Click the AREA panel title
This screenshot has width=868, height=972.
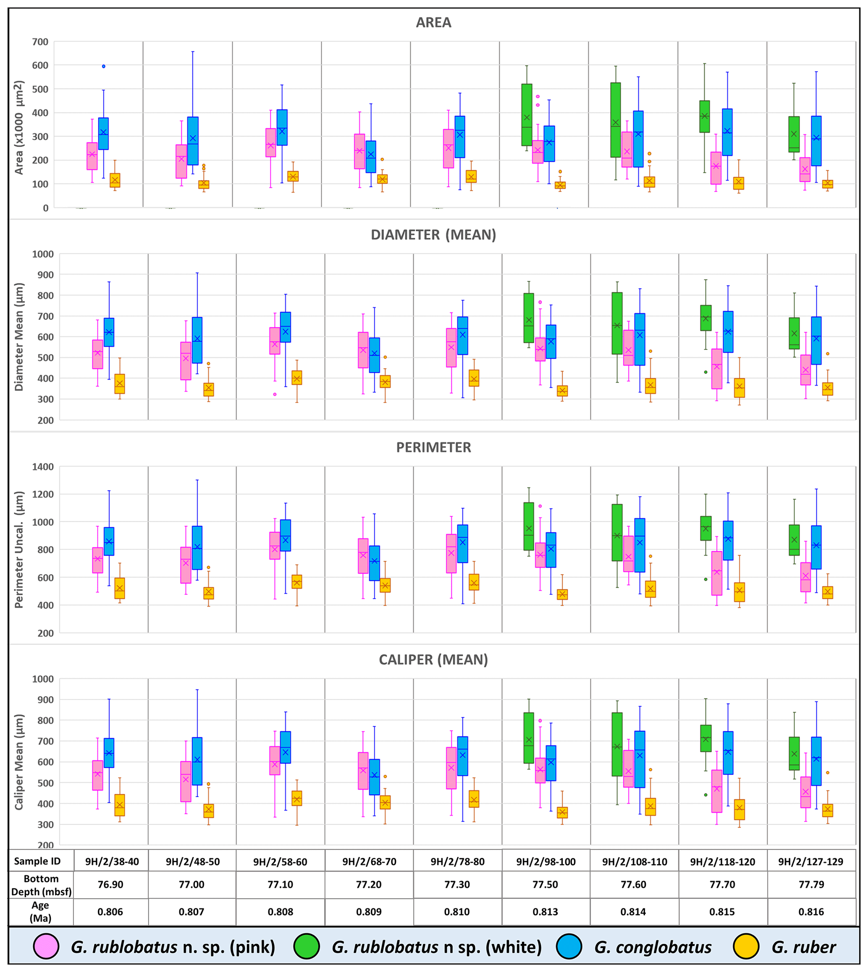point(433,22)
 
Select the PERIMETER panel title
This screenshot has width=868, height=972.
point(433,447)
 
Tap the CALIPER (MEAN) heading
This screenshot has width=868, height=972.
point(433,659)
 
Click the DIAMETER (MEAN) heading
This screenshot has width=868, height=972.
point(433,235)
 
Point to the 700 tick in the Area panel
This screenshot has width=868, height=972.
point(40,42)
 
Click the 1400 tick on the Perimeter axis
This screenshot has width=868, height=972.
point(43,466)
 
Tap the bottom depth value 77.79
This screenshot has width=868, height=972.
point(811,884)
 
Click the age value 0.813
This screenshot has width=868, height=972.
point(545,912)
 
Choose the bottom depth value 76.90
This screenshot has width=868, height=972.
point(110,884)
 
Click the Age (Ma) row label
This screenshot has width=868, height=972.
point(41,912)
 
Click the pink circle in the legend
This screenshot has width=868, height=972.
point(46,946)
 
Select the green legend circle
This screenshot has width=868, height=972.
point(306,946)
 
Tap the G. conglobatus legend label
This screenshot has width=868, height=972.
point(653,947)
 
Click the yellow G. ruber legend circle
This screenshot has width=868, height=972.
point(746,946)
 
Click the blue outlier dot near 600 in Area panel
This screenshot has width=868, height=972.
point(103,66)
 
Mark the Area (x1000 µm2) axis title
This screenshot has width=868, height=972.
point(18,127)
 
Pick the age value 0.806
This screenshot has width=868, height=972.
point(110,912)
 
